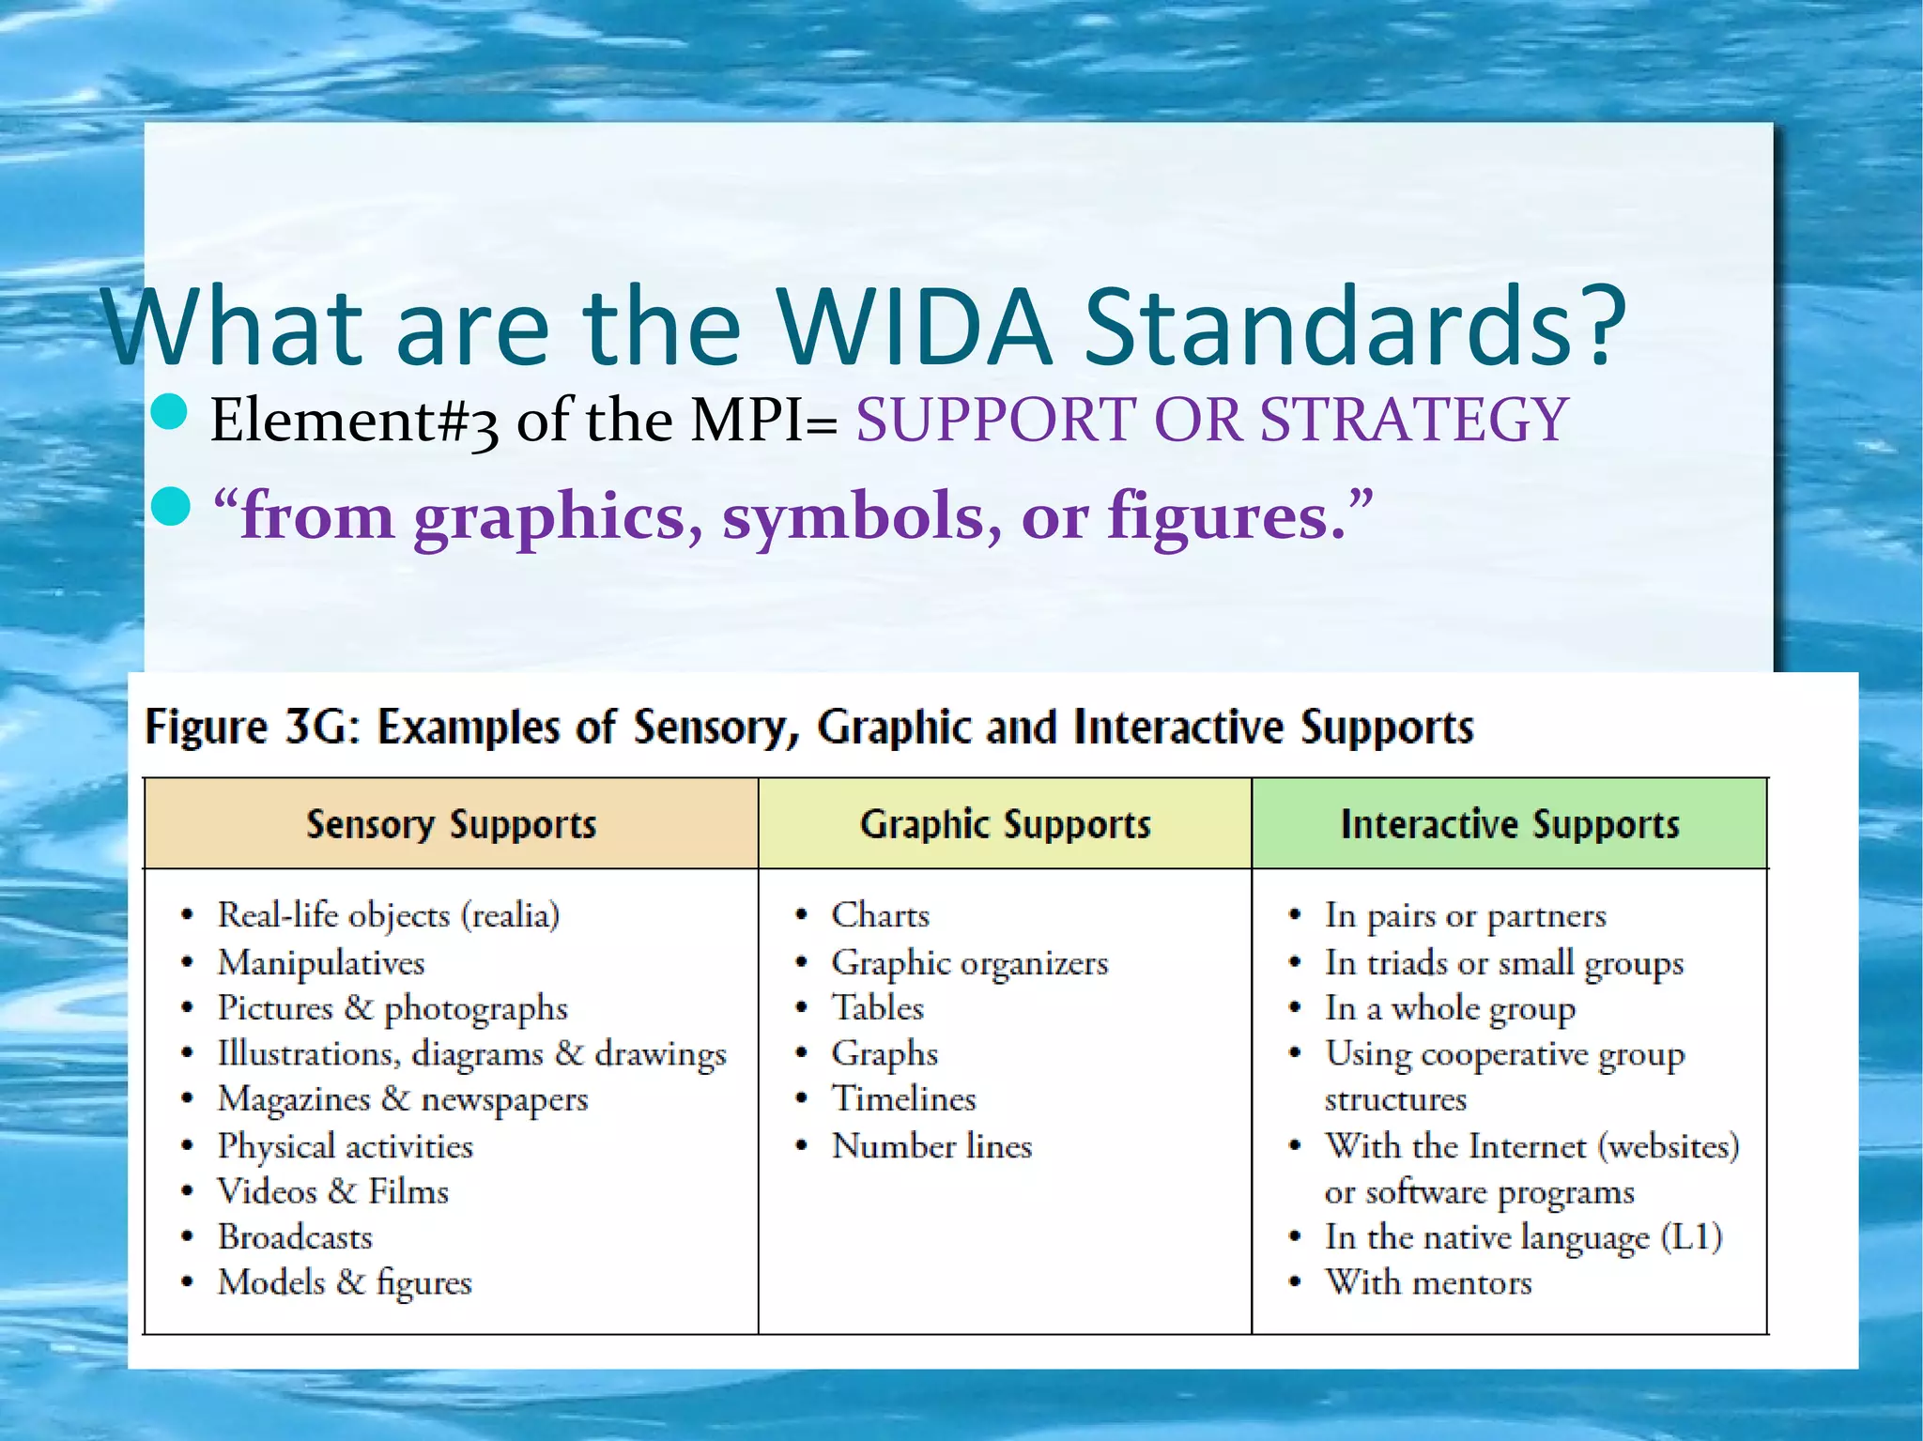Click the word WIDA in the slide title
tap(913, 327)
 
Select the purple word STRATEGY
tap(1412, 419)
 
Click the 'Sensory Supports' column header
tap(451, 824)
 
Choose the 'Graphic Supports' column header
tap(1005, 824)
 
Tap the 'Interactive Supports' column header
tap(1509, 824)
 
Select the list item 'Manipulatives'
tap(321, 962)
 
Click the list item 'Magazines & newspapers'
tap(402, 1099)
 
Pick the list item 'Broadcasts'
tap(295, 1237)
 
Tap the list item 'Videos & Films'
tap(333, 1191)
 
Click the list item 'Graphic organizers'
tap(969, 962)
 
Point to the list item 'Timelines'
tap(903, 1099)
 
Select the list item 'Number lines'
tap(931, 1146)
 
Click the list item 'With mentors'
tap(1427, 1282)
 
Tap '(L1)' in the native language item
tap(1691, 1237)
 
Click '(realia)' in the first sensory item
tap(510, 915)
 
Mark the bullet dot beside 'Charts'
tap(801, 915)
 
